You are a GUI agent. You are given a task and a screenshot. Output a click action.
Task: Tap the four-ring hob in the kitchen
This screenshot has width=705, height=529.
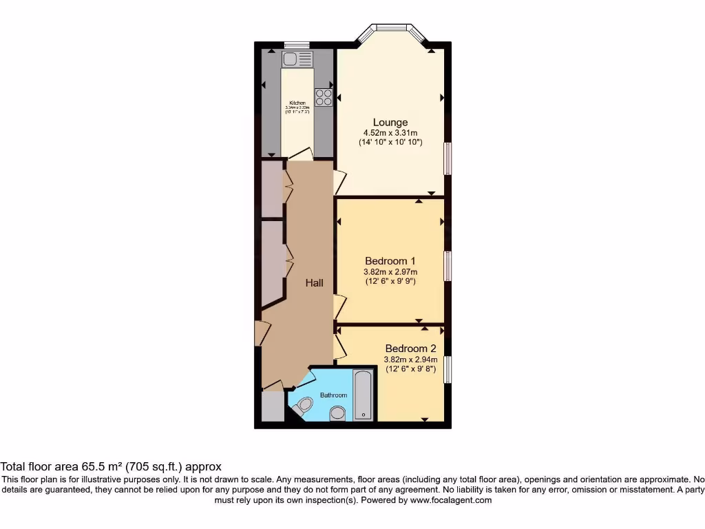[x=324, y=97]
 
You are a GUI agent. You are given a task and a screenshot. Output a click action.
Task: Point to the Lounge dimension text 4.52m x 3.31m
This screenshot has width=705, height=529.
[x=390, y=133]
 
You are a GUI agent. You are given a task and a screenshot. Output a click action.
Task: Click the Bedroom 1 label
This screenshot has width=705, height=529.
[x=390, y=261]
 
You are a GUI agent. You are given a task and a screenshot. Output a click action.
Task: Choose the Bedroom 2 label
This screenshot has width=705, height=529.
[x=410, y=349]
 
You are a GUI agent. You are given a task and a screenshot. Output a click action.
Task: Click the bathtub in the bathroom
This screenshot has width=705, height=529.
[x=363, y=395]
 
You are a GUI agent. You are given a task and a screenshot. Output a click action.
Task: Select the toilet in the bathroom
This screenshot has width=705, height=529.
[x=302, y=407]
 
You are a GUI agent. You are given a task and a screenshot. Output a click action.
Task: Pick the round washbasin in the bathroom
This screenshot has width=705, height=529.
[x=337, y=413]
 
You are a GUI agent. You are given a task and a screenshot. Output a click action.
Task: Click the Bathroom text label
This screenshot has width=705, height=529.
[x=333, y=395]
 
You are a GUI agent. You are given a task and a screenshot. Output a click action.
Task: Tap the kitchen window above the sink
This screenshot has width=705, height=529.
[x=297, y=45]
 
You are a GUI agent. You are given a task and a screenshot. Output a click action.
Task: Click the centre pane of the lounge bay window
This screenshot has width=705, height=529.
[x=392, y=28]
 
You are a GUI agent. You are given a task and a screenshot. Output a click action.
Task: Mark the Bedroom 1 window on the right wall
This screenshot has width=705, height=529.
[x=448, y=267]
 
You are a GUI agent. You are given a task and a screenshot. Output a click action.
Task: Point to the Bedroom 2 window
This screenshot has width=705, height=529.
[x=448, y=369]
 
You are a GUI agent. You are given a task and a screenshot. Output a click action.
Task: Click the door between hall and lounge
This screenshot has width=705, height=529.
[x=339, y=182]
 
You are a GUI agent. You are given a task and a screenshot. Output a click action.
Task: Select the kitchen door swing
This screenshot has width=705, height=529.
[x=301, y=153]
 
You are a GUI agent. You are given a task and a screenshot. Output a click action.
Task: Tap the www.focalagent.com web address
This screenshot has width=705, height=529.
[x=451, y=501]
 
